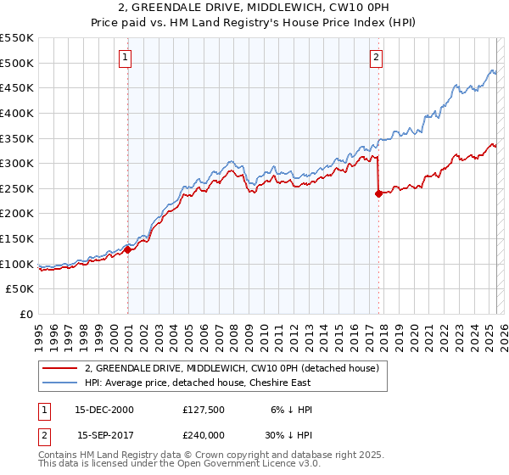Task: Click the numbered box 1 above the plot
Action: tap(125, 58)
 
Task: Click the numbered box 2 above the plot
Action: tap(375, 58)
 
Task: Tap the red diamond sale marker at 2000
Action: tap(127, 249)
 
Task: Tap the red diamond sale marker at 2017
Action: tap(378, 193)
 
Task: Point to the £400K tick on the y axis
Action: tap(18, 113)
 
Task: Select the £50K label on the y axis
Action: tap(21, 289)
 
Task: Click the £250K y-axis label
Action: tap(18, 188)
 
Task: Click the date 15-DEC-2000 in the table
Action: tap(104, 410)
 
